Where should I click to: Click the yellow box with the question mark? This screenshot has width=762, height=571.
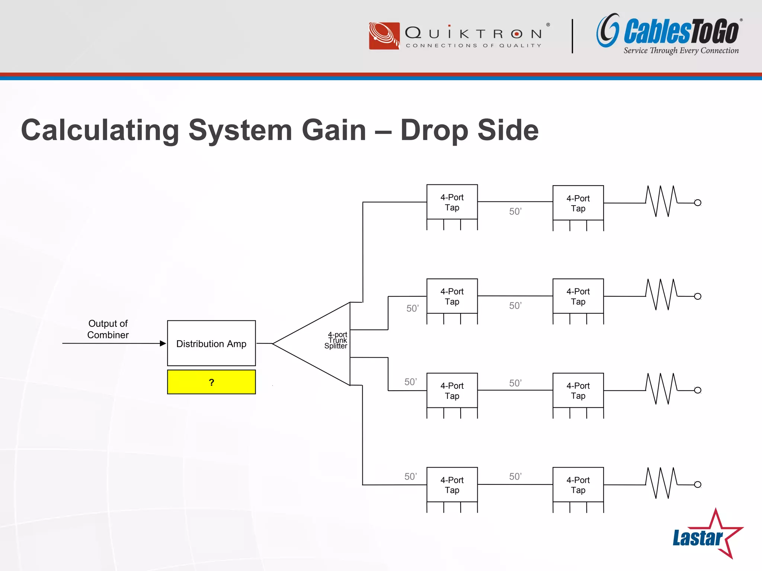pyautogui.click(x=211, y=382)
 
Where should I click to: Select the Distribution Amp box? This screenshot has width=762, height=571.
pyautogui.click(x=211, y=343)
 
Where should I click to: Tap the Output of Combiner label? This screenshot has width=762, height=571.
pyautogui.click(x=108, y=329)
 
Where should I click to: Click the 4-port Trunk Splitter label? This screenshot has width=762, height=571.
pyautogui.click(x=336, y=340)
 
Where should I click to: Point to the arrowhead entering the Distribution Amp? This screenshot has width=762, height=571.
pyautogui.click(x=163, y=343)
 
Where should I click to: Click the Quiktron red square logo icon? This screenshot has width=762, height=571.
pyautogui.click(x=384, y=36)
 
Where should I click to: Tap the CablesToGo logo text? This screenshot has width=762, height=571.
pyautogui.click(x=681, y=32)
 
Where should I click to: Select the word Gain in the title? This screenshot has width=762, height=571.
pyautogui.click(x=334, y=130)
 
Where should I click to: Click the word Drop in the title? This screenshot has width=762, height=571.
pyautogui.click(x=434, y=130)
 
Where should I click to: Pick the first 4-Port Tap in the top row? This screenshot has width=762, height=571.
pyautogui.click(x=452, y=202)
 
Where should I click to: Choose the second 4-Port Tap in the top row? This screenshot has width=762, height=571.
pyautogui.click(x=578, y=203)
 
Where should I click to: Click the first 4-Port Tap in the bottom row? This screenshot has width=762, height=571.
pyautogui.click(x=452, y=485)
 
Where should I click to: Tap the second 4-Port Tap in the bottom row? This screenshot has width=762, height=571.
pyautogui.click(x=578, y=485)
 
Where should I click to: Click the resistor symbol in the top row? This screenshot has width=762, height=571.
pyautogui.click(x=662, y=201)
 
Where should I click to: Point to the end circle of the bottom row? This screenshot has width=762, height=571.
pyautogui.click(x=698, y=484)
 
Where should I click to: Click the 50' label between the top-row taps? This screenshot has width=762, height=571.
pyautogui.click(x=515, y=212)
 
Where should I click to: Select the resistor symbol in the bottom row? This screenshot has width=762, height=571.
pyautogui.click(x=662, y=483)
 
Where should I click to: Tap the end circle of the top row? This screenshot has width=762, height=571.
pyautogui.click(x=698, y=203)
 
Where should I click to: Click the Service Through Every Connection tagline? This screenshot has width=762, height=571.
pyautogui.click(x=681, y=51)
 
